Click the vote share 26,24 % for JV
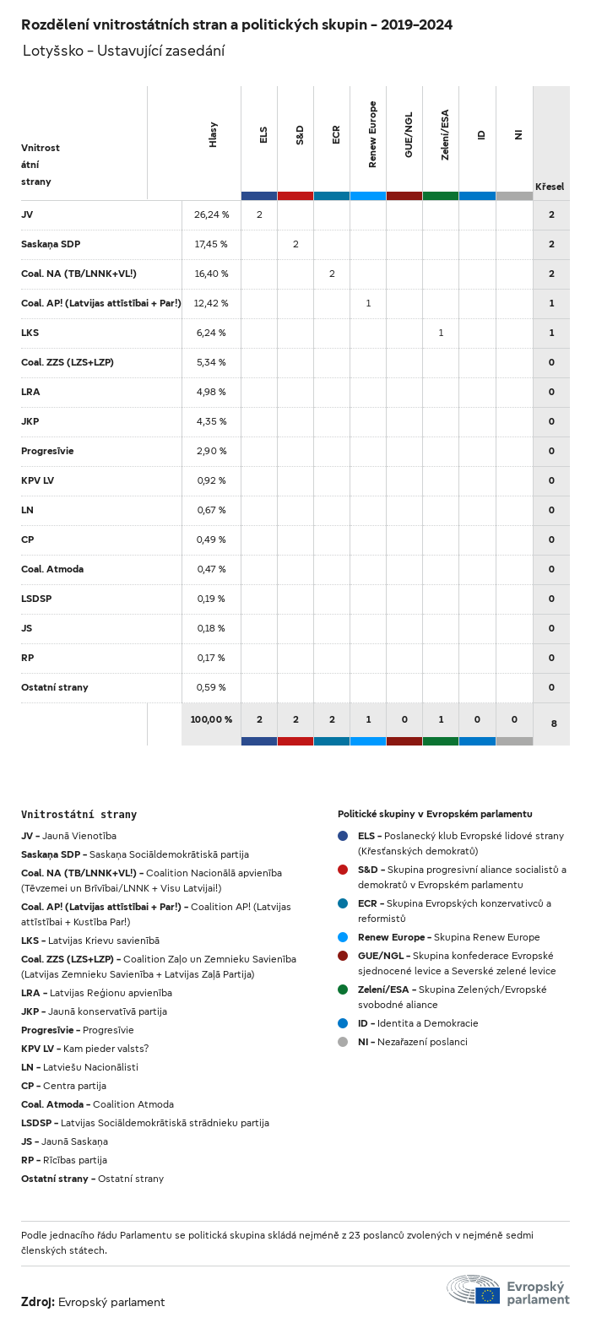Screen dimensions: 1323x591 coord(211,214)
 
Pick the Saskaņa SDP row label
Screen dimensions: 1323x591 coord(51,244)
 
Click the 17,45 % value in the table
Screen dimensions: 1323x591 coord(211,244)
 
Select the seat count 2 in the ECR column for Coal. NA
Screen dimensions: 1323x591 coord(332,274)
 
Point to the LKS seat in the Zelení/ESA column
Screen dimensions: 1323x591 coord(441,333)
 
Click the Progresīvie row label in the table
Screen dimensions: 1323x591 coord(47,451)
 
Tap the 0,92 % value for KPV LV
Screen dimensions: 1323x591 coord(211,480)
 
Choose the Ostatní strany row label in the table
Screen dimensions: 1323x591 coord(55,687)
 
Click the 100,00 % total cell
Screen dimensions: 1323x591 coord(211,719)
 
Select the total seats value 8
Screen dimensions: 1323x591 coord(554,724)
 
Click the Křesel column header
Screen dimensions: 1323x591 coord(550,187)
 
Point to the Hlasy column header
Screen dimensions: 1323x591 coord(214,135)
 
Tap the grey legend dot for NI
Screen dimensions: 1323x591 coord(343,1042)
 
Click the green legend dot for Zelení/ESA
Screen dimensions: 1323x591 coord(343,990)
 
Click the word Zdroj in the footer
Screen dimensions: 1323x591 coord(37,1302)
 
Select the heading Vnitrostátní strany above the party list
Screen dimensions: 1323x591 coord(79,815)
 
